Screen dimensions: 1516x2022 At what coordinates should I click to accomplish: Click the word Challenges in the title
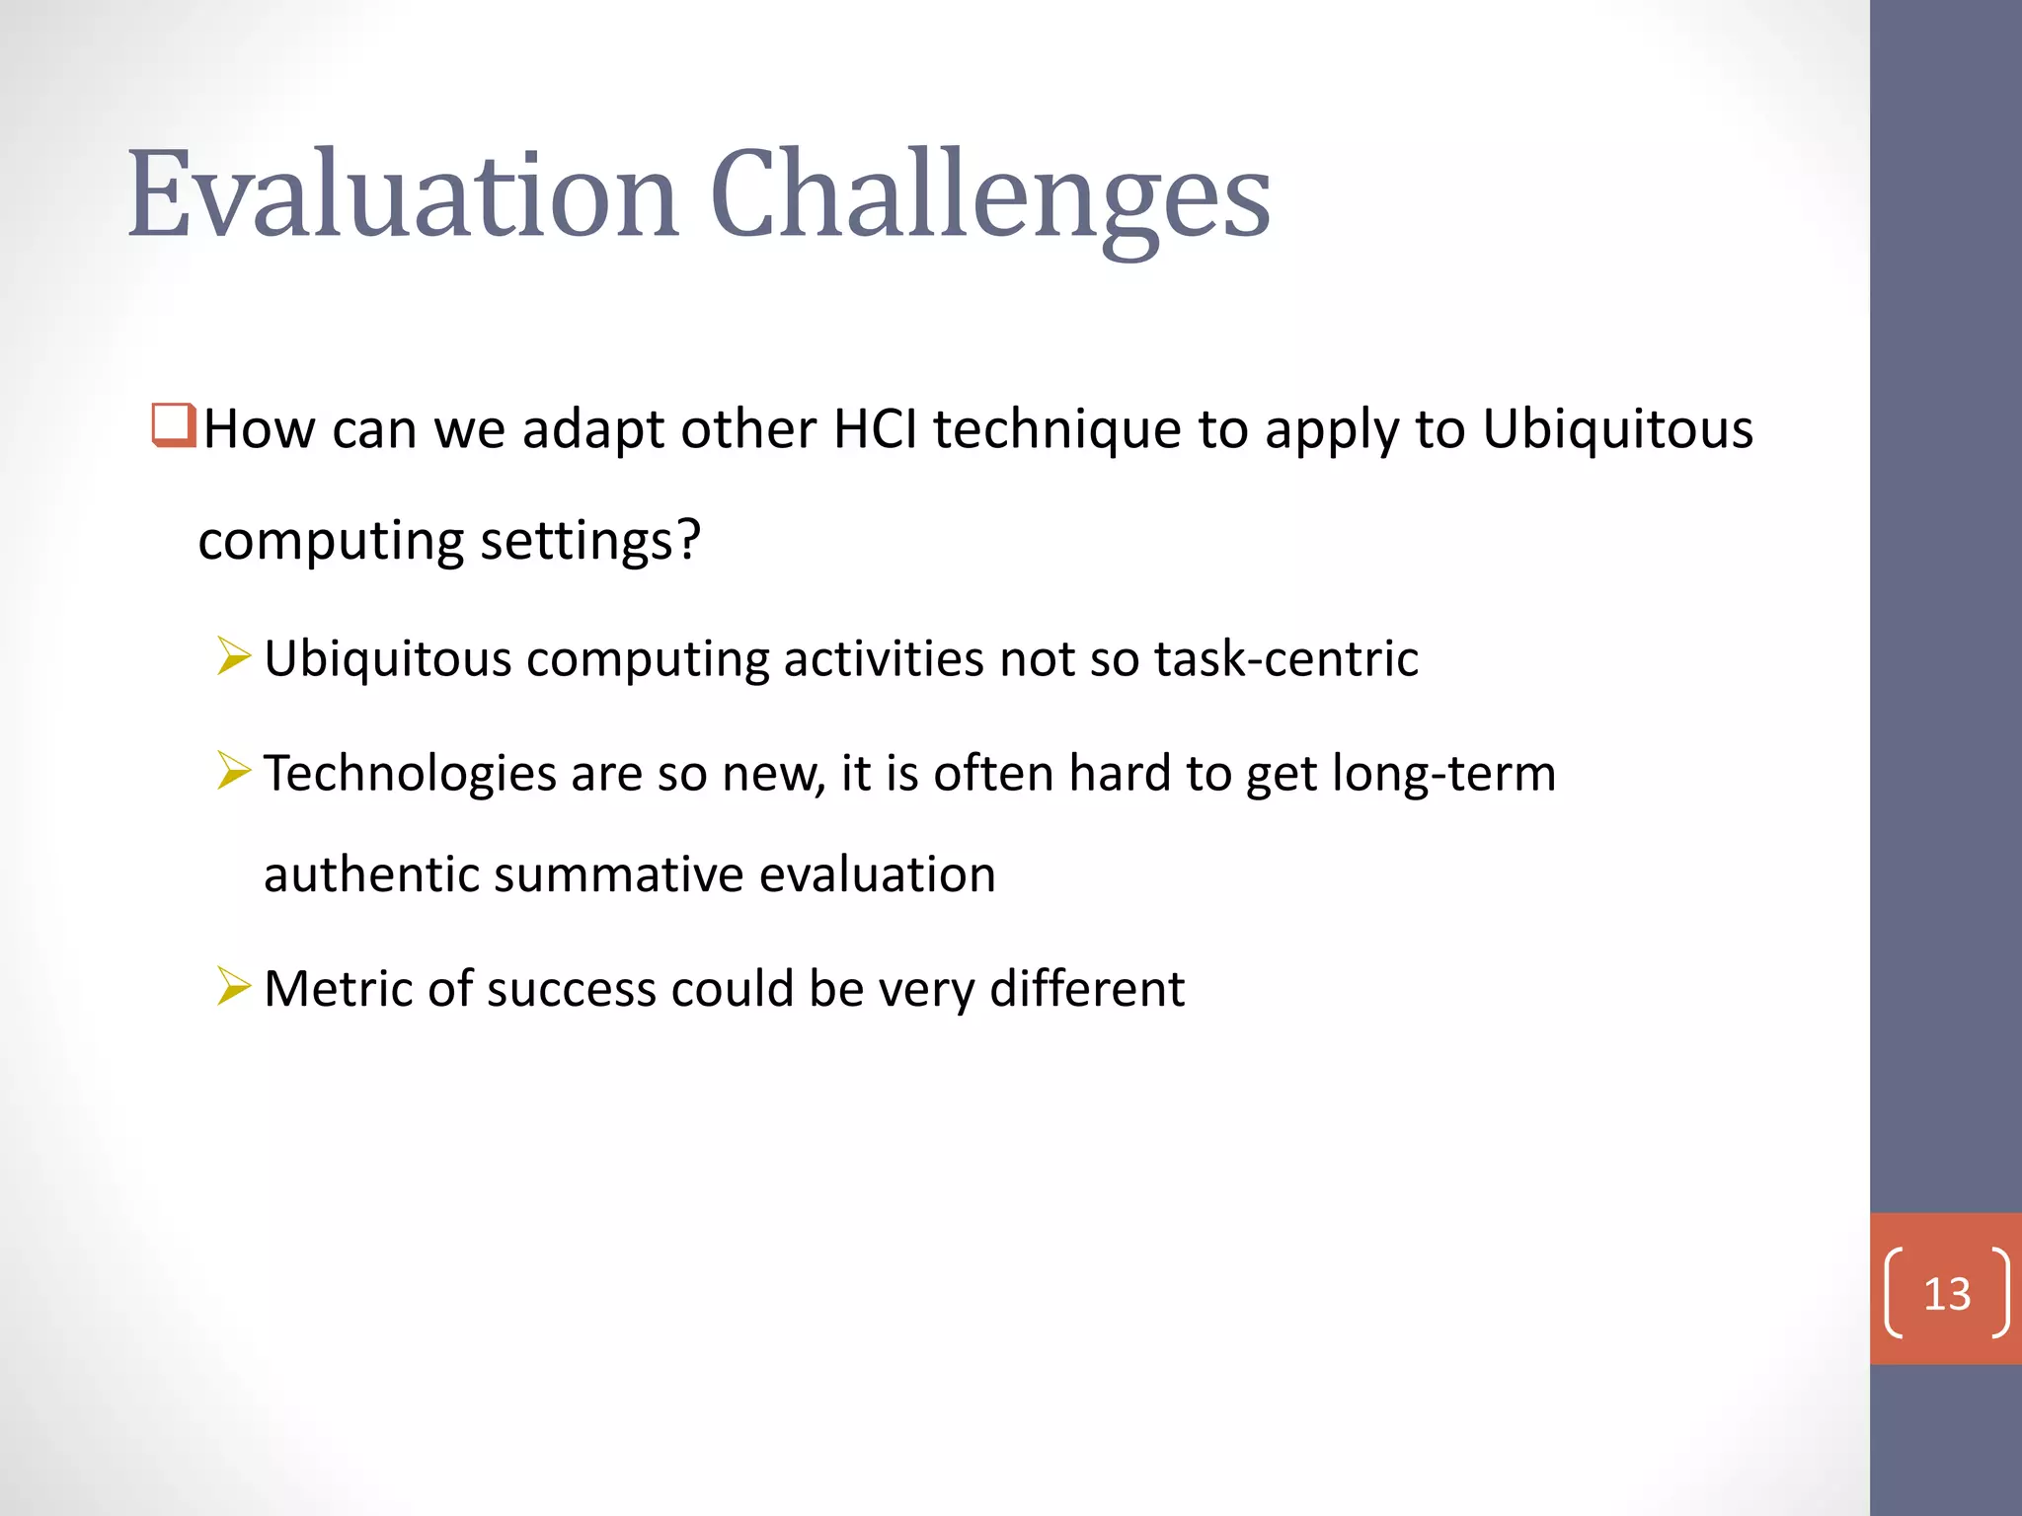point(990,194)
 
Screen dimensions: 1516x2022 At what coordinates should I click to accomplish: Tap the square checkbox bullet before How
point(174,425)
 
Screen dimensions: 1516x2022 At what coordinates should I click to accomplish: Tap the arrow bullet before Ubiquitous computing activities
point(234,656)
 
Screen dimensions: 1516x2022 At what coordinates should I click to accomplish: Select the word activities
point(883,658)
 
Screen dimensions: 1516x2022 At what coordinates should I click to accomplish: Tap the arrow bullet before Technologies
point(234,771)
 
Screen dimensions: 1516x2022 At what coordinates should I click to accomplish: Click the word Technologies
point(410,773)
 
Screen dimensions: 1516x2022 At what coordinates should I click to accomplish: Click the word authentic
point(370,874)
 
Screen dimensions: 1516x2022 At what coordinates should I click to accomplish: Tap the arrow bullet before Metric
point(234,986)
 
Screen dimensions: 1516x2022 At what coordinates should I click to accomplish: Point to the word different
point(1086,988)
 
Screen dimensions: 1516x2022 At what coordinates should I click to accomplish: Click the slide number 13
point(1946,1293)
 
